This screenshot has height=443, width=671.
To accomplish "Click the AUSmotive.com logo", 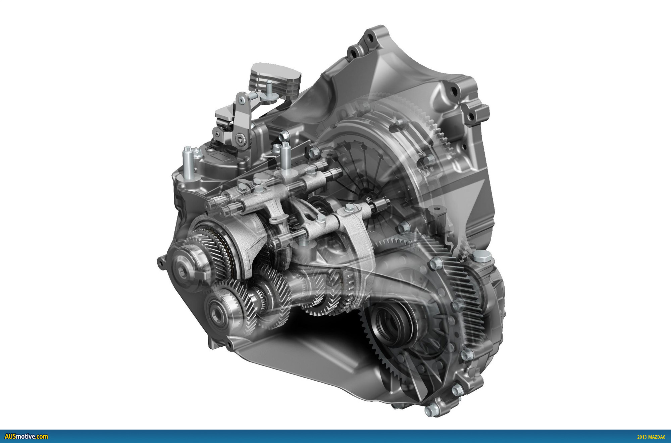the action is pyautogui.click(x=26, y=437).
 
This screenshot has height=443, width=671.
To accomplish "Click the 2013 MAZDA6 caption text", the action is pyautogui.click(x=651, y=437).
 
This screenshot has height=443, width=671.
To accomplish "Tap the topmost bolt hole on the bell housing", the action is pyautogui.click(x=370, y=37).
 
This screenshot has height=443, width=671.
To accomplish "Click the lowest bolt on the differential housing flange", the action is pyautogui.click(x=432, y=410).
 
